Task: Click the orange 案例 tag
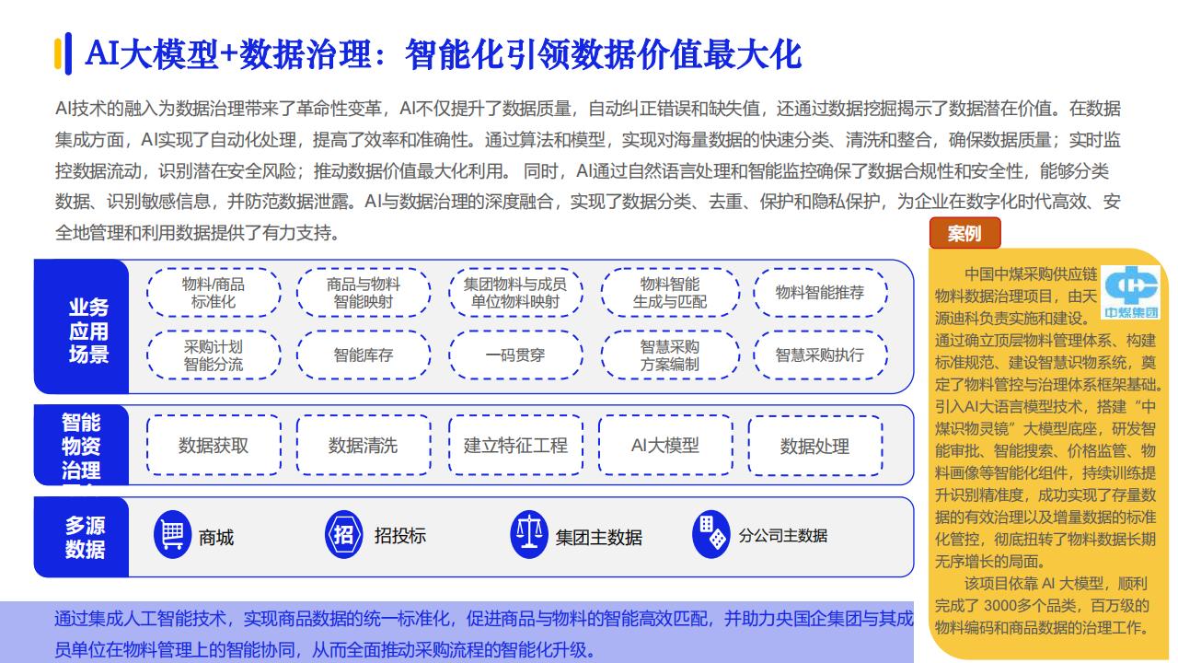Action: point(964,233)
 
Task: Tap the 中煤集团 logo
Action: point(1131,293)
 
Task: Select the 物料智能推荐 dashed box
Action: point(820,293)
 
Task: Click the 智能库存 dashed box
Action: point(364,355)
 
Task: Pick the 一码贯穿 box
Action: point(515,355)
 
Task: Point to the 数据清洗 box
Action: point(364,446)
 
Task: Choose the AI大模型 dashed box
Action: point(665,446)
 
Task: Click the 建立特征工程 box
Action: point(515,446)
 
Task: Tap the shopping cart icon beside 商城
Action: point(172,535)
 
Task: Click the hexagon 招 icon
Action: point(343,535)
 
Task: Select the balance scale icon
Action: point(529,535)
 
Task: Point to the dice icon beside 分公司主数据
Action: point(711,535)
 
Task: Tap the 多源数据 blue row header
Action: point(82,537)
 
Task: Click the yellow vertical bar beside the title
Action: point(58,53)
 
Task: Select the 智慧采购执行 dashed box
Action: point(820,355)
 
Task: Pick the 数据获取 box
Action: point(214,446)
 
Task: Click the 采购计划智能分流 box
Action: point(214,355)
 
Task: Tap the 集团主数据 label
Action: point(599,537)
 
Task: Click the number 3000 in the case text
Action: point(1000,606)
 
